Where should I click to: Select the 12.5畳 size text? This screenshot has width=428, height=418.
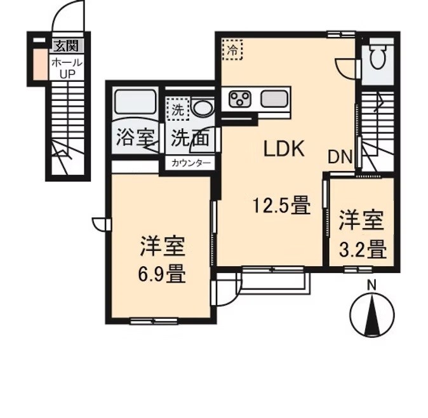tap(281, 206)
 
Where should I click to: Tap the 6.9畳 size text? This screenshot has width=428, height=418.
tap(163, 275)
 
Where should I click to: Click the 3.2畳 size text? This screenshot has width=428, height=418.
tap(361, 248)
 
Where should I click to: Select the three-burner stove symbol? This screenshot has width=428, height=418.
tap(241, 98)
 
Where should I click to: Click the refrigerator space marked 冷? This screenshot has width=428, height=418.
tap(233, 49)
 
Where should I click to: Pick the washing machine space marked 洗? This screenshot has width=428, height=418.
tap(178, 109)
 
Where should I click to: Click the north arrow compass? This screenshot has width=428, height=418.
tap(371, 314)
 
